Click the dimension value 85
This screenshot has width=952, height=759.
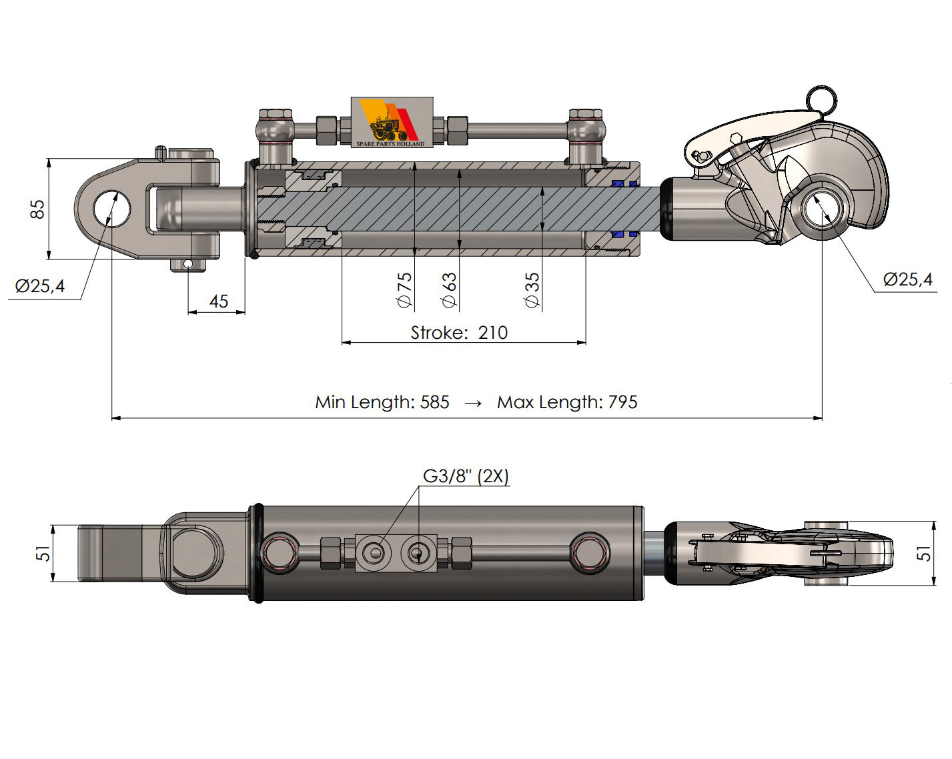coord(38,209)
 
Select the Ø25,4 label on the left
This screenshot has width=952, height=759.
coord(40,287)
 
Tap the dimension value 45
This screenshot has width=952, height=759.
coord(218,301)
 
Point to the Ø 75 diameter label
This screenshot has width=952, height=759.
coord(404,289)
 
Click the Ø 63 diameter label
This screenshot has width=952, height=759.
coord(450,289)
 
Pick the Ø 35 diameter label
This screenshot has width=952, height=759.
coord(532,289)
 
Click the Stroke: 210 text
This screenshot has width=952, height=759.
coord(459,332)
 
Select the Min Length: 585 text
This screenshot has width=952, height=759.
coord(382,402)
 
